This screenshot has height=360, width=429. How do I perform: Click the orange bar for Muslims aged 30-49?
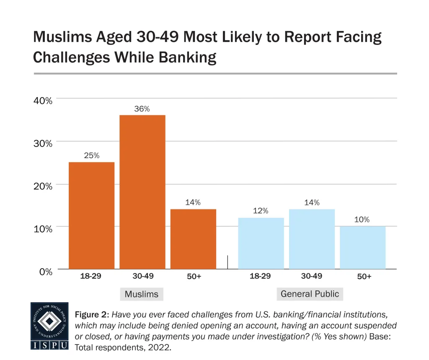point(142,192)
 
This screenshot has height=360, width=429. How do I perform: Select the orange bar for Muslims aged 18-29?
point(91,215)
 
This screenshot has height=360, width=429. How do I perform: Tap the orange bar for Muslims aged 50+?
point(193,238)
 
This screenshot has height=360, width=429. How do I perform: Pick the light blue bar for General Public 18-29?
point(261,243)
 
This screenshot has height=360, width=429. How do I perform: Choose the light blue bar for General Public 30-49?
point(312,238)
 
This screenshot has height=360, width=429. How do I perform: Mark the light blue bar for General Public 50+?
point(362,247)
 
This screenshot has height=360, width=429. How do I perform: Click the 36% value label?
point(142,109)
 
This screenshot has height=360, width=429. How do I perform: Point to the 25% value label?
point(91,155)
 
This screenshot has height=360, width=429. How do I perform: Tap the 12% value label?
point(261,211)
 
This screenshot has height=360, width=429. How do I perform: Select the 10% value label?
point(362,219)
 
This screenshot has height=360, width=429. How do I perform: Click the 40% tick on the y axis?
point(43,101)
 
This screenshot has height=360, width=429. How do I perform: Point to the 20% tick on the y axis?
point(43,186)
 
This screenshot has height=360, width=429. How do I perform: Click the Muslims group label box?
point(142,294)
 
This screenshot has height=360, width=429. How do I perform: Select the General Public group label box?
point(310,294)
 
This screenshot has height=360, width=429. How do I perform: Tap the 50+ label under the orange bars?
point(193,277)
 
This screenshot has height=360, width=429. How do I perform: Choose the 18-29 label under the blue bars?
point(260,277)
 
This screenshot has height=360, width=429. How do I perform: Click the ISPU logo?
point(49,326)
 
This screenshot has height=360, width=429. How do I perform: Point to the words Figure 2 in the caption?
point(92,315)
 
